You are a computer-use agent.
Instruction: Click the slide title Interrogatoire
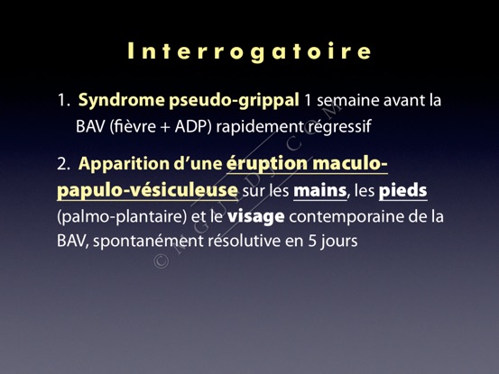tap(249, 51)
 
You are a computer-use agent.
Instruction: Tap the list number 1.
tap(63, 100)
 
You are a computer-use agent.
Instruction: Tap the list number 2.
tap(63, 164)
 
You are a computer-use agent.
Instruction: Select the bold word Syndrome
tap(122, 101)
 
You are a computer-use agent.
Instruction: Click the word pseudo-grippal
tap(234, 101)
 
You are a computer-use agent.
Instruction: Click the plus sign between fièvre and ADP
tap(165, 127)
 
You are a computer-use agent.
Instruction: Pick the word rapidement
tap(259, 127)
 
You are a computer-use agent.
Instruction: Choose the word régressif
tap(339, 127)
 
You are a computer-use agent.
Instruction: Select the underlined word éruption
tap(267, 164)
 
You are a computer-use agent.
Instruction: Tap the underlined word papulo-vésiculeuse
tap(147, 191)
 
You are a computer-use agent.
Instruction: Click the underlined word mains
tap(319, 191)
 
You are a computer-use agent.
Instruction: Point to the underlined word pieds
tap(402, 191)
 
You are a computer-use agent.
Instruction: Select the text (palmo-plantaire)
tap(122, 217)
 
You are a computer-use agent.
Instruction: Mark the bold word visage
tap(256, 217)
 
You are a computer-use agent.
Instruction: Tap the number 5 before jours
tap(312, 242)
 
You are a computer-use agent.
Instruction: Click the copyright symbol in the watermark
tap(162, 260)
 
